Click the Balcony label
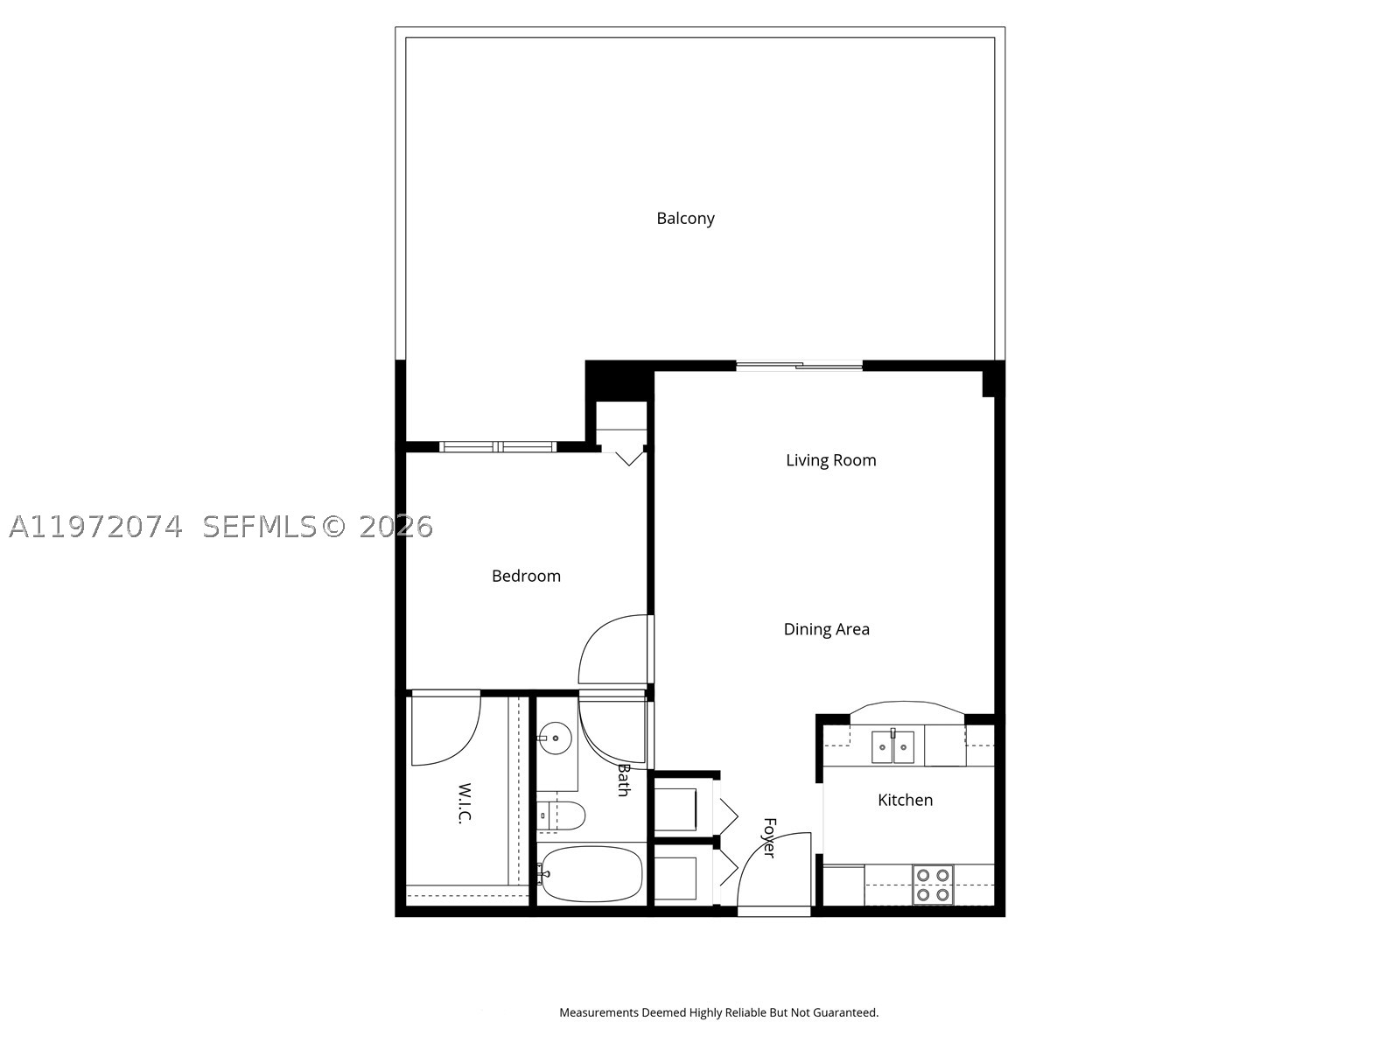(685, 219)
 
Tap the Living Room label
(830, 460)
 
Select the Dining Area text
(826, 629)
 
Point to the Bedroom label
(526, 577)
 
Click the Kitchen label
(905, 800)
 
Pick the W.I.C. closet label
(465, 803)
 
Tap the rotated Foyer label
(769, 837)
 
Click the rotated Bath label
(623, 780)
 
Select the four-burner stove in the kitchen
(933, 885)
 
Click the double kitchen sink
(892, 746)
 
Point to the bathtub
(590, 874)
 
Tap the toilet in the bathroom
(561, 815)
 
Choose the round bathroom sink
(555, 738)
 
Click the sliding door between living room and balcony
(799, 366)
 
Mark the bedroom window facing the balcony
(498, 447)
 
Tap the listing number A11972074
(95, 528)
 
